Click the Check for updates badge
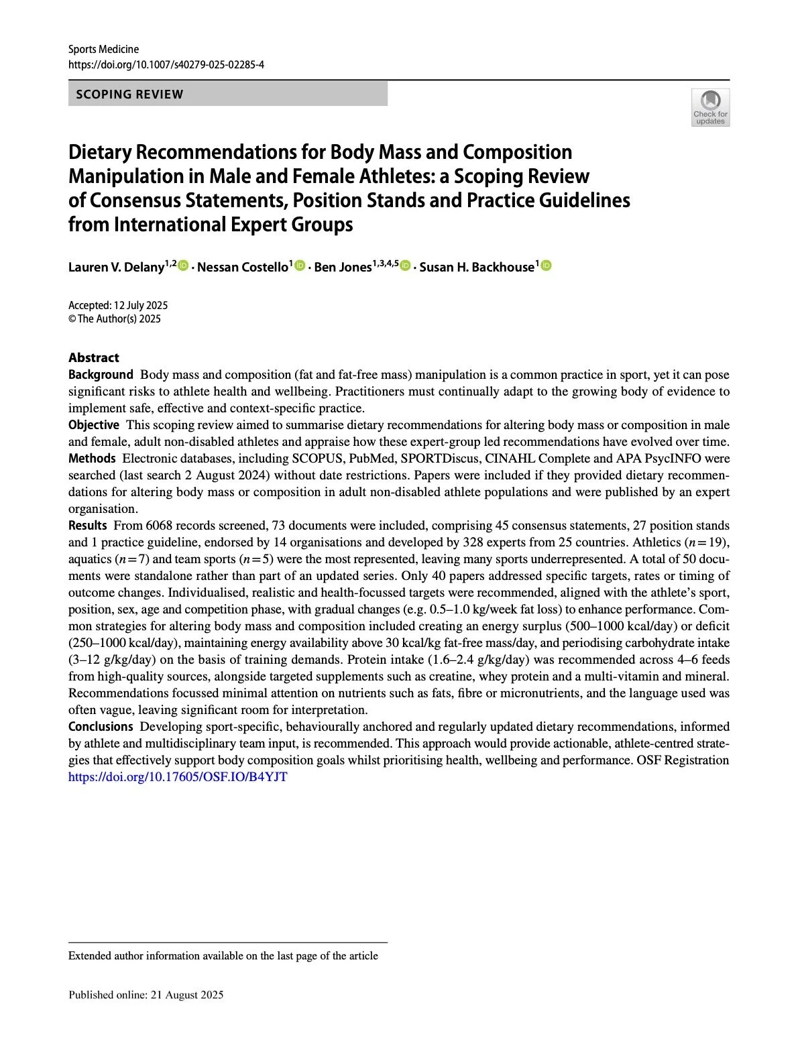tap(710, 107)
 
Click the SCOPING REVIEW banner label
tap(129, 95)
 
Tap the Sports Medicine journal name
tap(103, 49)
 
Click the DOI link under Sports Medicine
tap(166, 65)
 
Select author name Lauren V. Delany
tap(116, 268)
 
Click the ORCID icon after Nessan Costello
tap(300, 266)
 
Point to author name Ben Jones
tap(342, 268)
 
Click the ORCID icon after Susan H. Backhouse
tap(546, 266)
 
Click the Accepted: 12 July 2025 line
tap(118, 305)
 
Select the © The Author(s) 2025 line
tap(115, 319)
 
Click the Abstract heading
tap(94, 357)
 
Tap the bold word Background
tap(101, 375)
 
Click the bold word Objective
tap(94, 425)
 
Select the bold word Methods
tap(92, 459)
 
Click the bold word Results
tap(87, 526)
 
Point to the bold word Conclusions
tap(101, 727)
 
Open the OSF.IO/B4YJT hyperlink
tap(178, 777)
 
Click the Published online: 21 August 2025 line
tap(146, 995)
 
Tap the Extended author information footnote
tap(223, 956)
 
